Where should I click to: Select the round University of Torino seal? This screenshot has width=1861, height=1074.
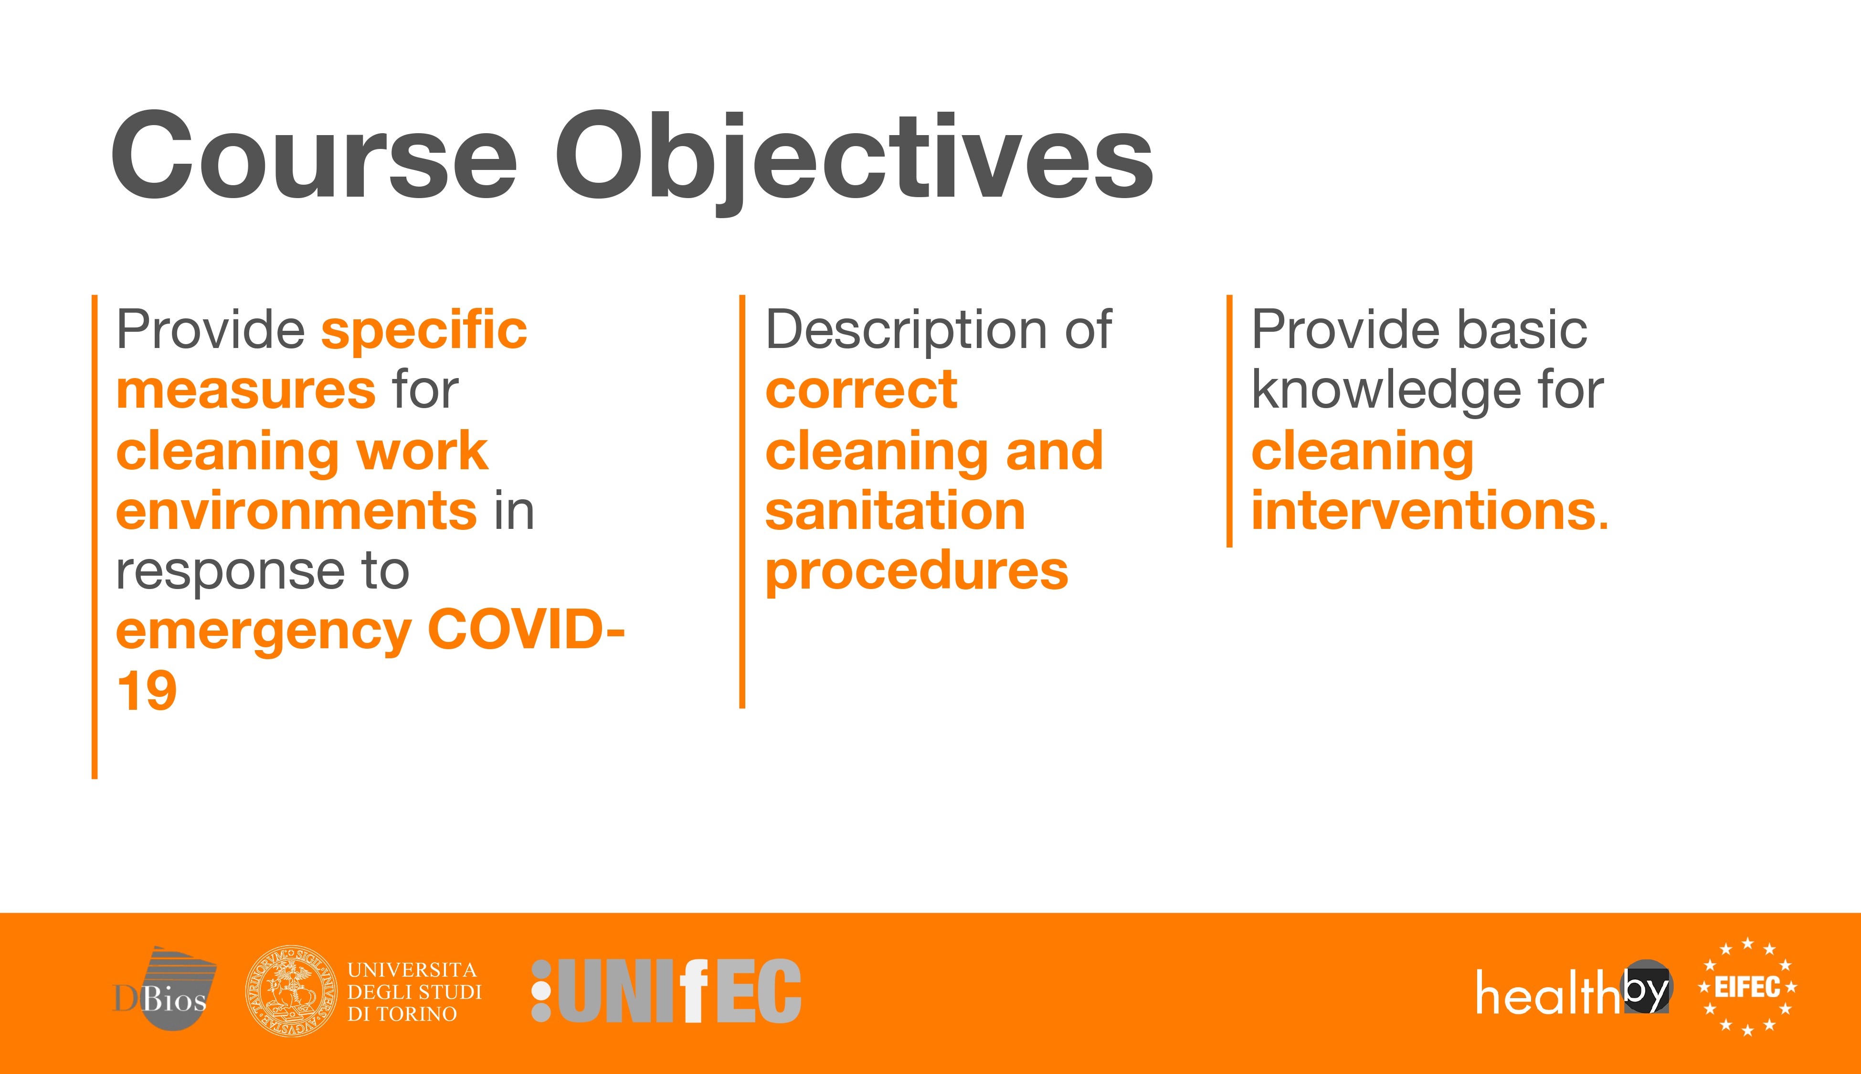291,990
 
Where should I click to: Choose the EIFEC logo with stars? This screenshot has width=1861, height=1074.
1747,987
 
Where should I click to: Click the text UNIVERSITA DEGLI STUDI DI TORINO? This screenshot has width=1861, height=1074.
414,991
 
